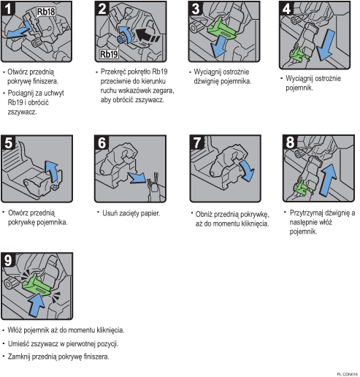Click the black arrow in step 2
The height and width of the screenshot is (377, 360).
tap(146, 33)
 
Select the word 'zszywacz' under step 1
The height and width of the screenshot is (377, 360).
tap(22, 113)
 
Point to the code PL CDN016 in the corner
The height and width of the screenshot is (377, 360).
tap(345, 373)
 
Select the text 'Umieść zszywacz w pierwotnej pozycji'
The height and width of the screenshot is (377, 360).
tap(63, 343)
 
